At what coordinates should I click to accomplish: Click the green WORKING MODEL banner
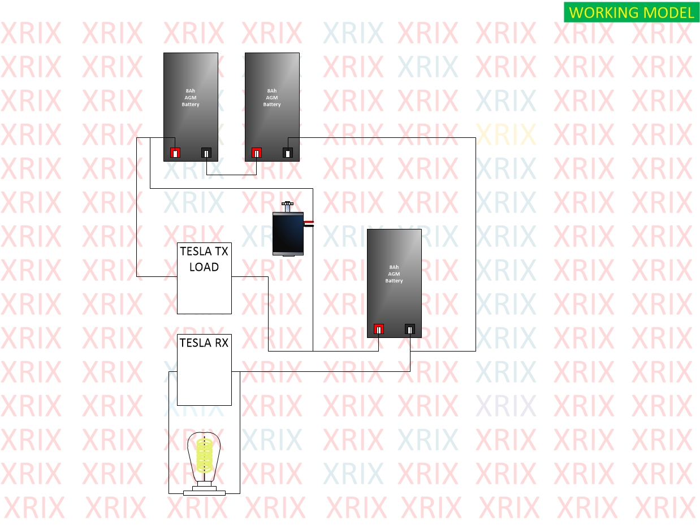(x=631, y=12)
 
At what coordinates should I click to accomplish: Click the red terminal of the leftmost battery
(x=175, y=153)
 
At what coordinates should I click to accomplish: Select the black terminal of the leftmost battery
(x=206, y=153)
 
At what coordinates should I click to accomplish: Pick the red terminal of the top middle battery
(x=256, y=153)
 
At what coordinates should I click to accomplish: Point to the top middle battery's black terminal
(x=288, y=153)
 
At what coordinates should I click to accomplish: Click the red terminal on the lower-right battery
(x=378, y=329)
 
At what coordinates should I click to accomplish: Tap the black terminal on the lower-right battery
(x=410, y=329)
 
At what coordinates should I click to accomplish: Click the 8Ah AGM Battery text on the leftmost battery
(x=191, y=98)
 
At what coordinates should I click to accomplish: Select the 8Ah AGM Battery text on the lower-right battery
(x=394, y=274)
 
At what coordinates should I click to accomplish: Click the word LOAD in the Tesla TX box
(x=204, y=267)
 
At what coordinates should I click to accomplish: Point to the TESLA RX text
(x=204, y=343)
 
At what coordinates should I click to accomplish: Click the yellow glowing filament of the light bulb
(x=204, y=455)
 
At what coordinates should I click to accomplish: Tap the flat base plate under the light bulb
(x=204, y=493)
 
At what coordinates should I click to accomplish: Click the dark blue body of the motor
(x=288, y=233)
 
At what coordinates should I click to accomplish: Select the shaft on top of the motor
(x=287, y=206)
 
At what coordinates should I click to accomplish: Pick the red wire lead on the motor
(x=309, y=222)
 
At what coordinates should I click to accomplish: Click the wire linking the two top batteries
(x=231, y=175)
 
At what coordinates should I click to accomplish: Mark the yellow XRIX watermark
(x=506, y=135)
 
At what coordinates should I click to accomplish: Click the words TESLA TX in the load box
(x=204, y=252)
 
